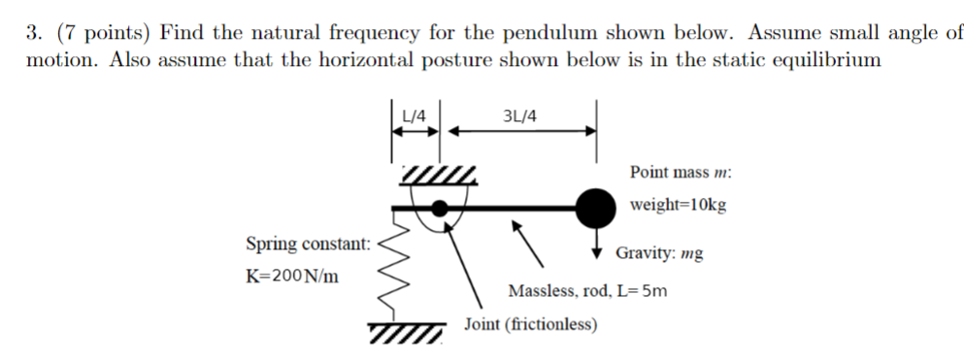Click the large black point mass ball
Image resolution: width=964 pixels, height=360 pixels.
tap(595, 206)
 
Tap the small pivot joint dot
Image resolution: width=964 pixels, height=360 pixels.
tap(440, 207)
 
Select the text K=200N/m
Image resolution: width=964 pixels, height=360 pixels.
tap(292, 276)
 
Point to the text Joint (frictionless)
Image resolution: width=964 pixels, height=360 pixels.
tap(530, 324)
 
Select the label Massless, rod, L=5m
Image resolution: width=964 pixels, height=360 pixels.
tap(587, 290)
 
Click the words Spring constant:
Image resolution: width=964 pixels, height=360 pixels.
tap(307, 243)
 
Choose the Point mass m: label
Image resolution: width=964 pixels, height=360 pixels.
tap(681, 172)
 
